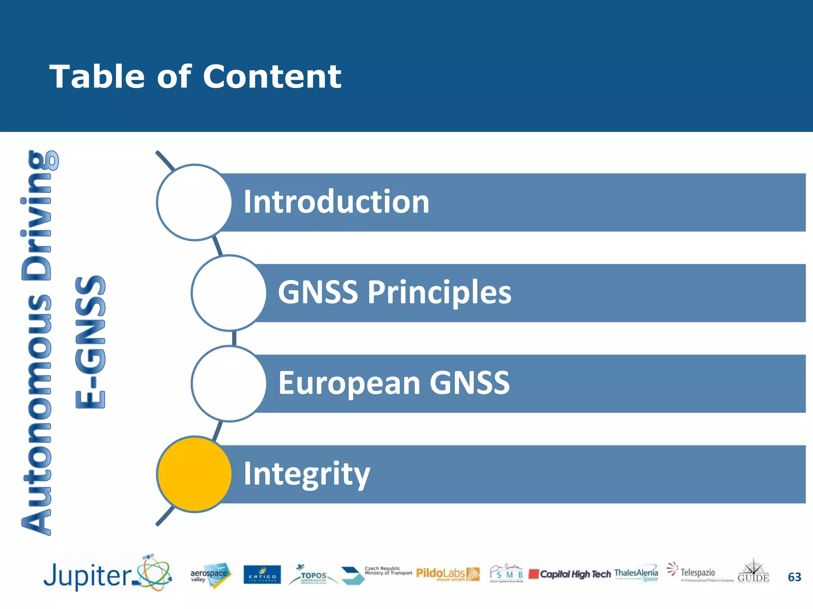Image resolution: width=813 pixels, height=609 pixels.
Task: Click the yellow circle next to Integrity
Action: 194,474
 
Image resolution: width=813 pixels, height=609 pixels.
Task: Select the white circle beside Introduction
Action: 194,202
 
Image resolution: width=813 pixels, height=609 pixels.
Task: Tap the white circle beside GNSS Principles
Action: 229,293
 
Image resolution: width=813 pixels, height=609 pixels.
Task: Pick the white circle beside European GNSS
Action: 229,383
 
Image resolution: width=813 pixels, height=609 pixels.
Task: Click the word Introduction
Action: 336,202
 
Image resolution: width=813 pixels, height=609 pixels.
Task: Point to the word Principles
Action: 439,293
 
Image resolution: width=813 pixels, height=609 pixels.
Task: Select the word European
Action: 349,383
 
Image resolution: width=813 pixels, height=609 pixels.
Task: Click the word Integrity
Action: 306,474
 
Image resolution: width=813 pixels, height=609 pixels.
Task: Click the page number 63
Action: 794,577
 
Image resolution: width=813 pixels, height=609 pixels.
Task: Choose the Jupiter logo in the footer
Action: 107,574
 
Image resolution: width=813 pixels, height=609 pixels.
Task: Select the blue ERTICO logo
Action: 262,575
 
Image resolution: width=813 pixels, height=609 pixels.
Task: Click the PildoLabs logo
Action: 447,574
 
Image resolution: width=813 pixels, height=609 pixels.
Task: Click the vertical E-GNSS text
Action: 91,342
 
